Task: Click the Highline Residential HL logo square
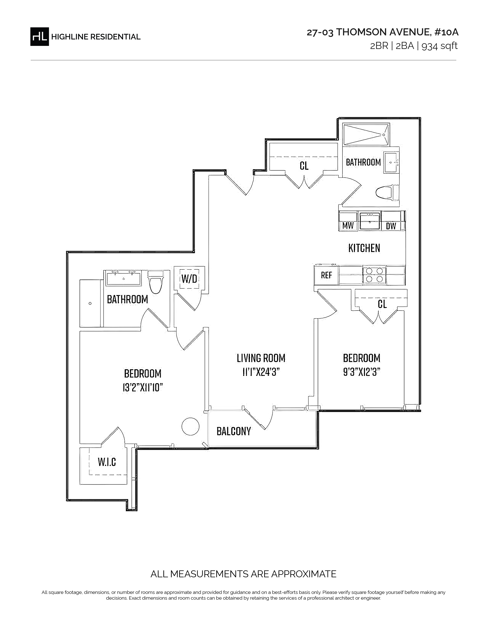(x=40, y=36)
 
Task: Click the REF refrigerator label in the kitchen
(x=326, y=275)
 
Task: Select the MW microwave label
(x=348, y=226)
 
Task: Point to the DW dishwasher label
(x=391, y=226)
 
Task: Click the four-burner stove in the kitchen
(x=374, y=275)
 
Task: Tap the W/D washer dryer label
(x=189, y=279)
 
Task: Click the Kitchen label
(x=364, y=248)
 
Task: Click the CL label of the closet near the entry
(x=304, y=166)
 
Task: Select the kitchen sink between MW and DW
(x=370, y=221)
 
